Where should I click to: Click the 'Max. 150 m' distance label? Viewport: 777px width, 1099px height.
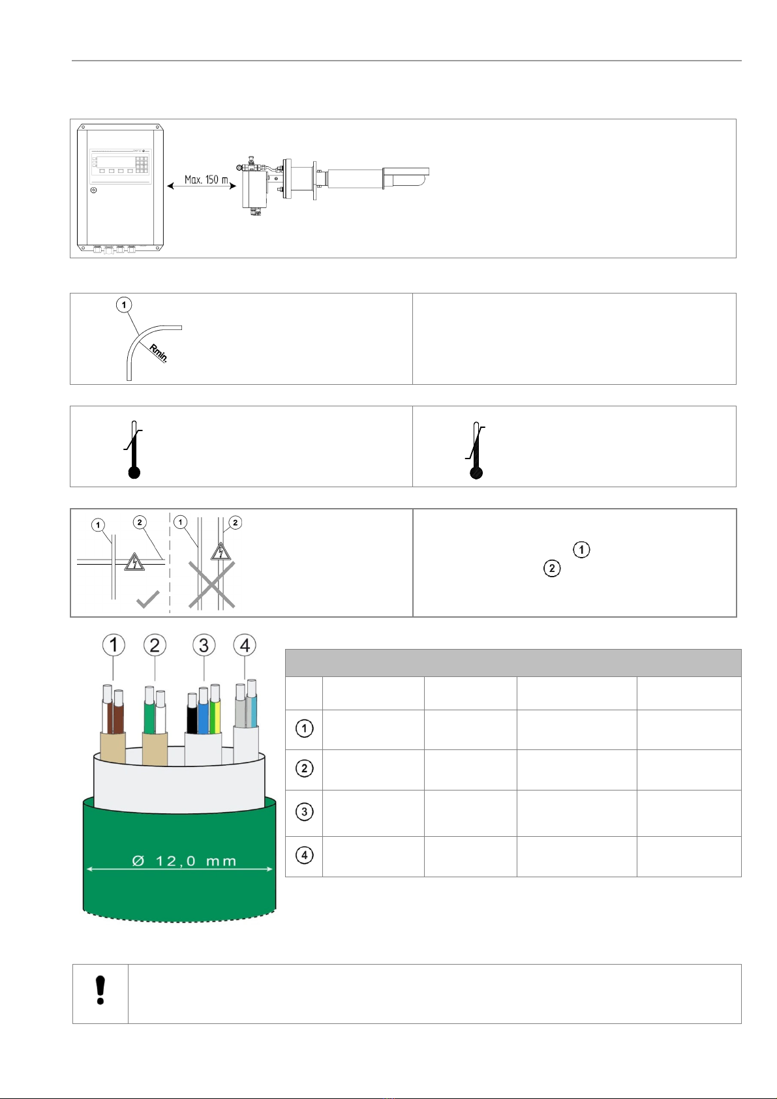pos(206,179)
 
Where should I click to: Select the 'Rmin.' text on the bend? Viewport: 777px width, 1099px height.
pos(159,354)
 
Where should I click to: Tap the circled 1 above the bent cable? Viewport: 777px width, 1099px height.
pos(124,305)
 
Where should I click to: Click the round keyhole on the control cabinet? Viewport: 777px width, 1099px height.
pos(94,190)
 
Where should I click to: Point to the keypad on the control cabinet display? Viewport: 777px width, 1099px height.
pos(142,164)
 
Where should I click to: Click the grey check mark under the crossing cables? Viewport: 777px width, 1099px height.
pos(147,599)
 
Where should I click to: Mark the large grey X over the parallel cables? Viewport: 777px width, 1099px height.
pos(212,585)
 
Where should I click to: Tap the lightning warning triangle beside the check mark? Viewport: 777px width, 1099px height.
pos(134,562)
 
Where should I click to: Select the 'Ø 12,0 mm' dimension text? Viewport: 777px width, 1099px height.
pos(185,861)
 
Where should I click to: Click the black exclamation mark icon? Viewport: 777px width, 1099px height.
pos(100,990)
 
